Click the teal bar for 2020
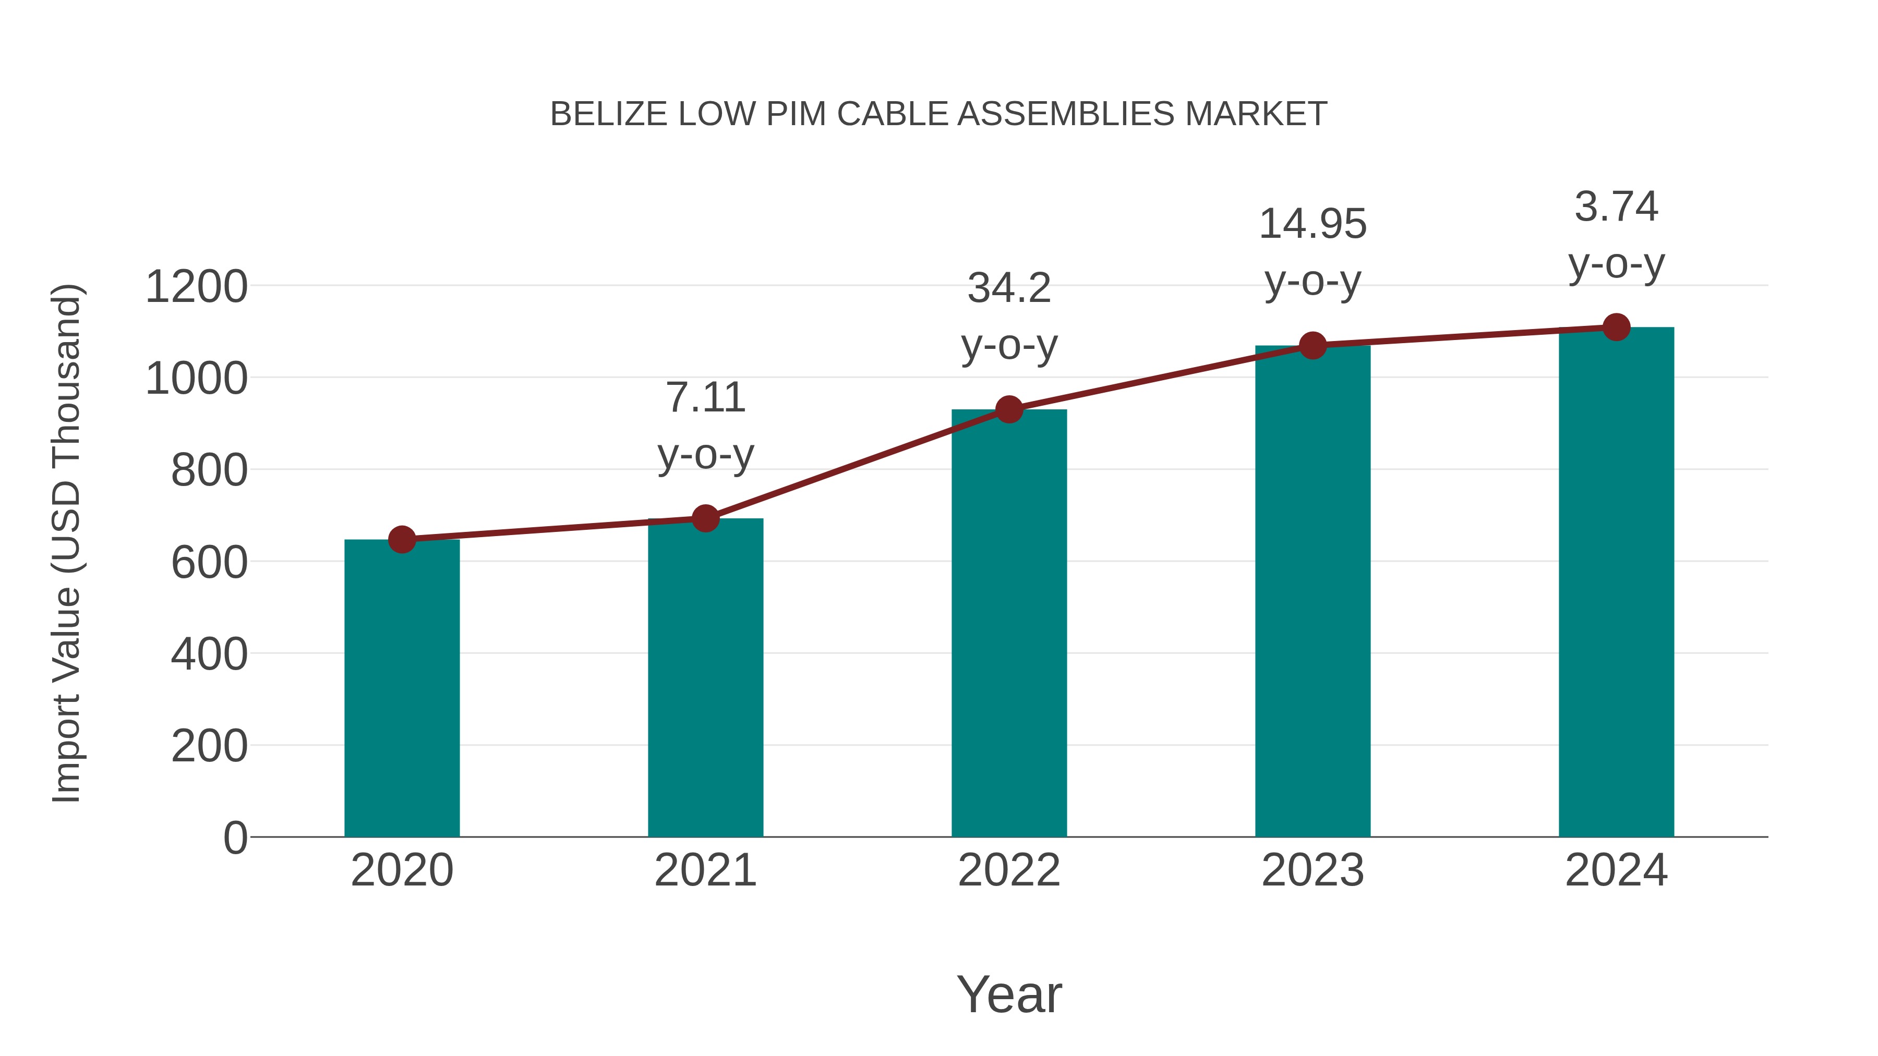tap(402, 689)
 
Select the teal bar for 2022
tap(1009, 623)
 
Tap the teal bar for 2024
tap(1616, 583)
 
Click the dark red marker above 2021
tap(705, 519)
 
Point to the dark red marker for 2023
tap(1313, 345)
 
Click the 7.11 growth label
tap(705, 398)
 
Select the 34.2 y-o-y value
tap(1009, 288)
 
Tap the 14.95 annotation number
tap(1313, 224)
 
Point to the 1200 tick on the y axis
tap(196, 286)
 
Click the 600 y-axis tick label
tap(209, 563)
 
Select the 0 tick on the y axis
tap(235, 838)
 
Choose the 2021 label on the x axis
tap(705, 870)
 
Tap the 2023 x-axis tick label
tap(1313, 870)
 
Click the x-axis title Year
tap(1009, 994)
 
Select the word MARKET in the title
tap(1256, 114)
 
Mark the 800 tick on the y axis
tap(209, 471)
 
